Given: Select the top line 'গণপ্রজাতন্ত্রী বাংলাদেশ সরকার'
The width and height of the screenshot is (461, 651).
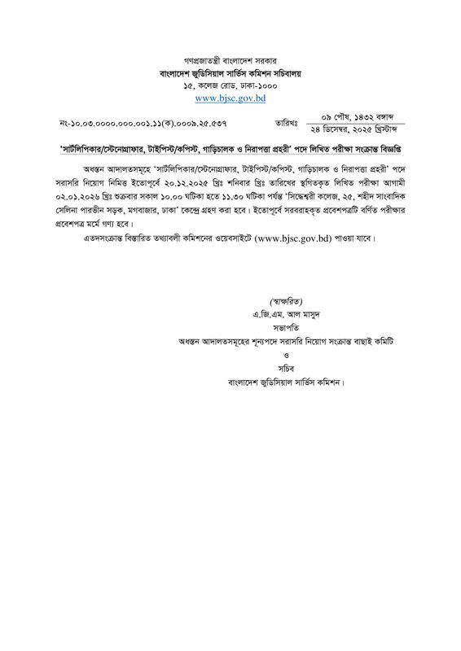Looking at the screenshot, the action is point(230,60).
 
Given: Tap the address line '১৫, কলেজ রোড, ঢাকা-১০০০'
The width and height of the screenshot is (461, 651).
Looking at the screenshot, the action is point(230,85).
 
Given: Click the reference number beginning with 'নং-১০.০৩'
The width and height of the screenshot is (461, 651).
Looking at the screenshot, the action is point(143,124).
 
